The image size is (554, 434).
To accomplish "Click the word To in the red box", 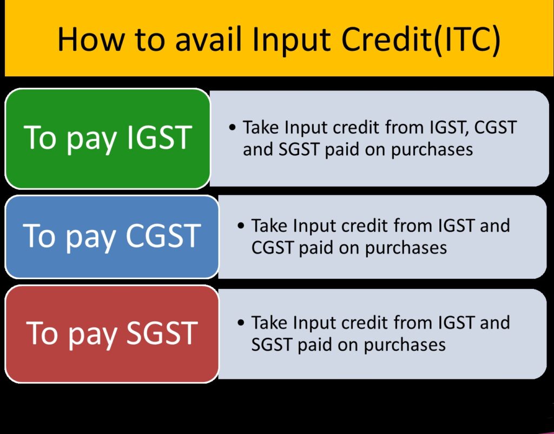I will coord(42,333).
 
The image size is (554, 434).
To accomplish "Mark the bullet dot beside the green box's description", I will coord(233,128).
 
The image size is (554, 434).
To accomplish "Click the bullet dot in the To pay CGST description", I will coord(241,226).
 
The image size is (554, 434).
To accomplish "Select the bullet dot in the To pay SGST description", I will coord(241,323).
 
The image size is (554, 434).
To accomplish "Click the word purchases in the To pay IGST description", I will coord(432,150).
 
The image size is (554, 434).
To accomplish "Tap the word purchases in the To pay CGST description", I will coord(406,248).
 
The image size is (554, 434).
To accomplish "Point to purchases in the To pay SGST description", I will coord(405,345).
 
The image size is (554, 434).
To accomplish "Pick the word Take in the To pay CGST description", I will coord(270,225).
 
